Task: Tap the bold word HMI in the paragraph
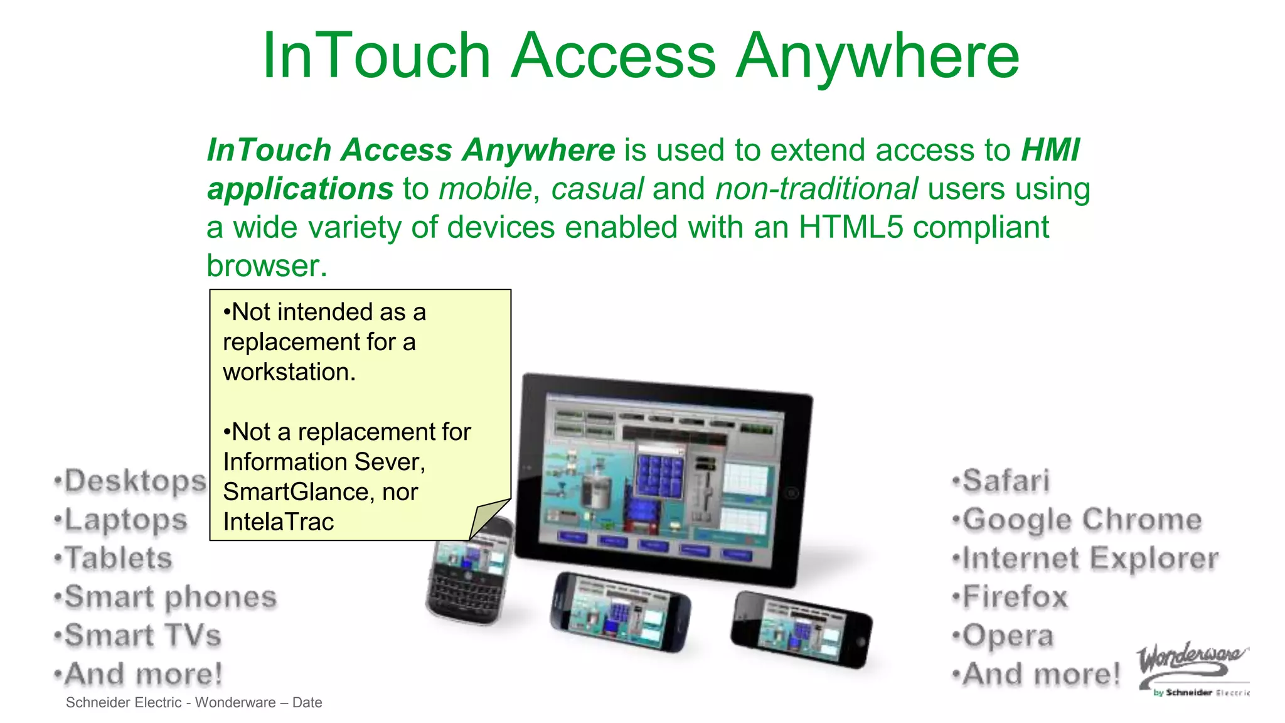pos(1050,151)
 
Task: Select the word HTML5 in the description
pos(850,227)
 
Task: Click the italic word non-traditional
pos(816,189)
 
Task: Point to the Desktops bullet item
pos(134,481)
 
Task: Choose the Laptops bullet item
pos(125,520)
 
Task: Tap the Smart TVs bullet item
pos(142,635)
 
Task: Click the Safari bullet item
pos(1005,481)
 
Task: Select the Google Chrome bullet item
pos(1081,520)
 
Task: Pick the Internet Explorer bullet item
pos(1090,559)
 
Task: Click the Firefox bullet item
pos(1014,597)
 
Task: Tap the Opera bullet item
pos(1007,636)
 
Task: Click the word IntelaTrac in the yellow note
pos(279,522)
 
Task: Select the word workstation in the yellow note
pos(288,372)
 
